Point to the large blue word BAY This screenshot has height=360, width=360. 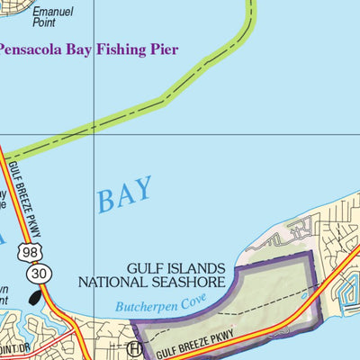(x=124, y=195)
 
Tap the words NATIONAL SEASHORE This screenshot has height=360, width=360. (x=151, y=282)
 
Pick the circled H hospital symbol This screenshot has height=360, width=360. (x=135, y=348)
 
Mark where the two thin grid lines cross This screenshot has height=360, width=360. (x=94, y=136)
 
